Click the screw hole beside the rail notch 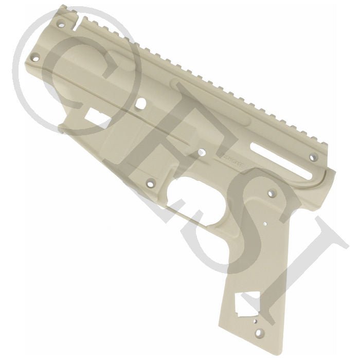point(62,24)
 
